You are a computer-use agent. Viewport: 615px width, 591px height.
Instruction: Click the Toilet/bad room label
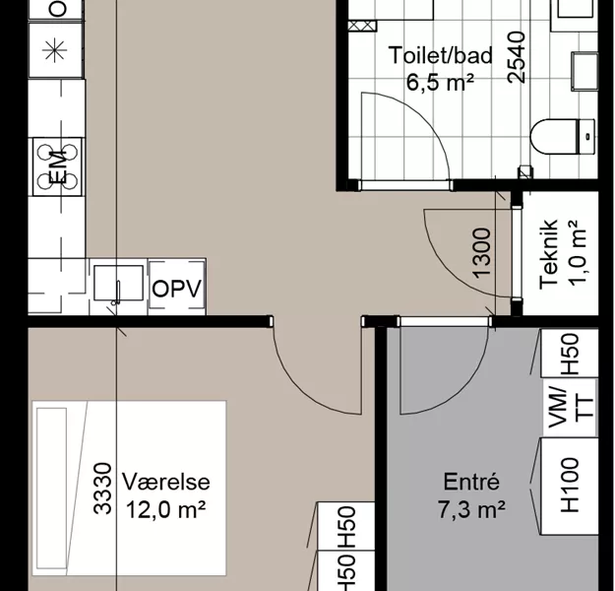pyautogui.click(x=441, y=55)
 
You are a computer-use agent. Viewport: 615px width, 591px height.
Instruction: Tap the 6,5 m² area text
pyautogui.click(x=440, y=82)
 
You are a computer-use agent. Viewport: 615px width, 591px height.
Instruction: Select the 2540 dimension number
pyautogui.click(x=517, y=57)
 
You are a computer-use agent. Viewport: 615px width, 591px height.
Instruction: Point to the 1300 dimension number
pyautogui.click(x=481, y=253)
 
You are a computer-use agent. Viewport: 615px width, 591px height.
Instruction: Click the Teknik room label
pyautogui.click(x=548, y=254)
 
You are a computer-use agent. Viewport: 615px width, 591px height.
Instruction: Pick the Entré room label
pyautogui.click(x=471, y=482)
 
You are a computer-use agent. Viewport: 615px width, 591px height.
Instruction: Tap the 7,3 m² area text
pyautogui.click(x=471, y=509)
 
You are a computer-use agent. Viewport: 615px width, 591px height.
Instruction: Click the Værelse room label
pyautogui.click(x=166, y=482)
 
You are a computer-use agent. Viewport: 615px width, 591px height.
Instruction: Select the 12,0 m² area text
pyautogui.click(x=166, y=509)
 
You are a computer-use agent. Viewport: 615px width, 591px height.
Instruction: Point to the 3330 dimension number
pyautogui.click(x=102, y=489)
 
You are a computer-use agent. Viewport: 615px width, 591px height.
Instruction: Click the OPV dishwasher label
pyautogui.click(x=176, y=289)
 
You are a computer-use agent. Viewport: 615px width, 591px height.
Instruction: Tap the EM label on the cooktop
pyautogui.click(x=58, y=167)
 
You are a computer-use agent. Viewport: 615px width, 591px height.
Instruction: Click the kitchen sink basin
pyautogui.click(x=118, y=283)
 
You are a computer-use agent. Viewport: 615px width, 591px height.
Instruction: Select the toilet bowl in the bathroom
pyautogui.click(x=563, y=137)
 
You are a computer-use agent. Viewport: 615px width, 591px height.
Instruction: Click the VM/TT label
pyautogui.click(x=571, y=408)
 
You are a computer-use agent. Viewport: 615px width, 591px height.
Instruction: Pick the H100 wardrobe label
pyautogui.click(x=570, y=486)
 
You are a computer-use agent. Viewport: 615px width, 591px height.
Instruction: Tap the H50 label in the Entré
pyautogui.click(x=570, y=354)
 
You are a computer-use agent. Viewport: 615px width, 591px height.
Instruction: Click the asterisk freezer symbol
pyautogui.click(x=55, y=50)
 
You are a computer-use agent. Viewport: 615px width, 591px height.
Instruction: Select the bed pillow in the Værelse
pyautogui.click(x=51, y=489)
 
